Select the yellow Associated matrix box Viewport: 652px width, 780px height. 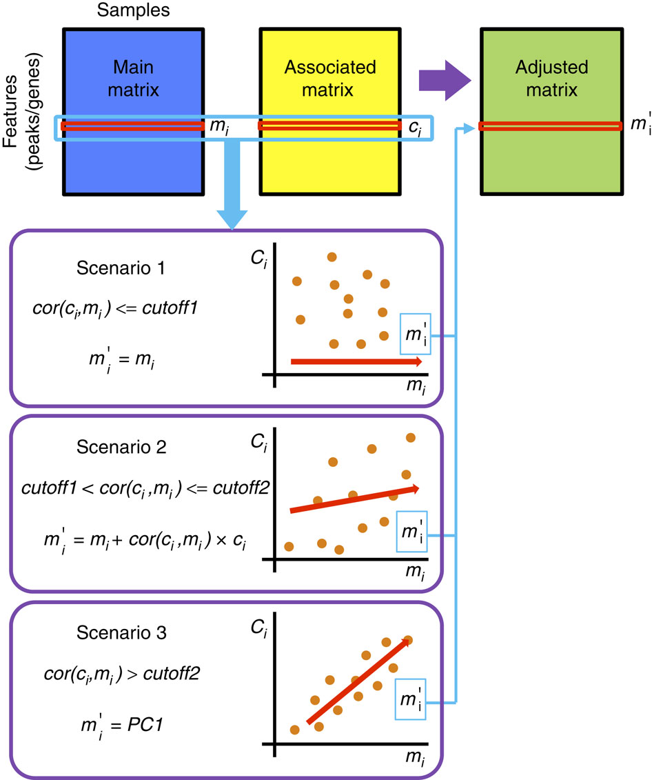(330, 76)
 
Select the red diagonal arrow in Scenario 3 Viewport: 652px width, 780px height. (358, 681)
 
